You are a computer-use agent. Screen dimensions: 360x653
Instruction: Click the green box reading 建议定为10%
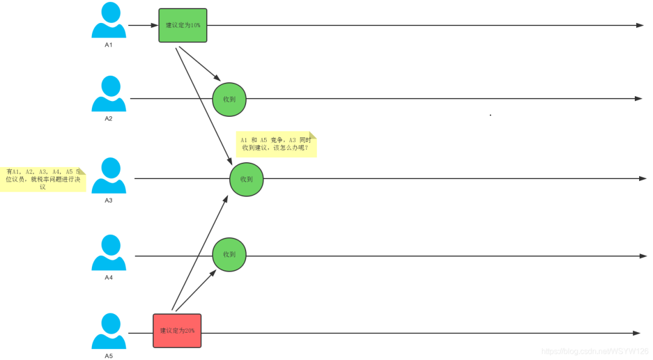[x=183, y=25]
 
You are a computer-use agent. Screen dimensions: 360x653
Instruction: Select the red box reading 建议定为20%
[x=177, y=331]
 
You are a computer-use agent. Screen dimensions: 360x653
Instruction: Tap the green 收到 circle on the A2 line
[x=229, y=99]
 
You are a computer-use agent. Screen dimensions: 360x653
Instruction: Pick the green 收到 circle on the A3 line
[x=247, y=180]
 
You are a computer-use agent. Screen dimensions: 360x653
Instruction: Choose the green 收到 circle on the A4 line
[x=229, y=255]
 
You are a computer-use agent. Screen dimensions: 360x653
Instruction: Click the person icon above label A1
[x=109, y=21]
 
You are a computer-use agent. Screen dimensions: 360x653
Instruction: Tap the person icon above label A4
[x=109, y=253]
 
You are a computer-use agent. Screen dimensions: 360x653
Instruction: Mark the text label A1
[x=109, y=45]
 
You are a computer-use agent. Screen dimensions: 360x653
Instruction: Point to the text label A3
[x=109, y=200]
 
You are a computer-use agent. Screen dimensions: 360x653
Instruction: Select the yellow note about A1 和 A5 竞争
[x=276, y=144]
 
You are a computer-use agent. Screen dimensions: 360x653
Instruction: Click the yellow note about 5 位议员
[x=43, y=180]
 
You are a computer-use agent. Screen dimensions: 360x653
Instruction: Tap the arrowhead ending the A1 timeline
[x=640, y=25]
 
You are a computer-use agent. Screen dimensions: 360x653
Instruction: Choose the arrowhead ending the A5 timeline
[x=636, y=333]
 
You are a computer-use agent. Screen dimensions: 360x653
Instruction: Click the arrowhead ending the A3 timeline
[x=643, y=178]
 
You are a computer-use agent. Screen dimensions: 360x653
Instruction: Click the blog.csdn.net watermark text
[x=595, y=351]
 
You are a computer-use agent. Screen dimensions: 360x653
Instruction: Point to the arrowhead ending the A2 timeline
[x=638, y=99]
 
